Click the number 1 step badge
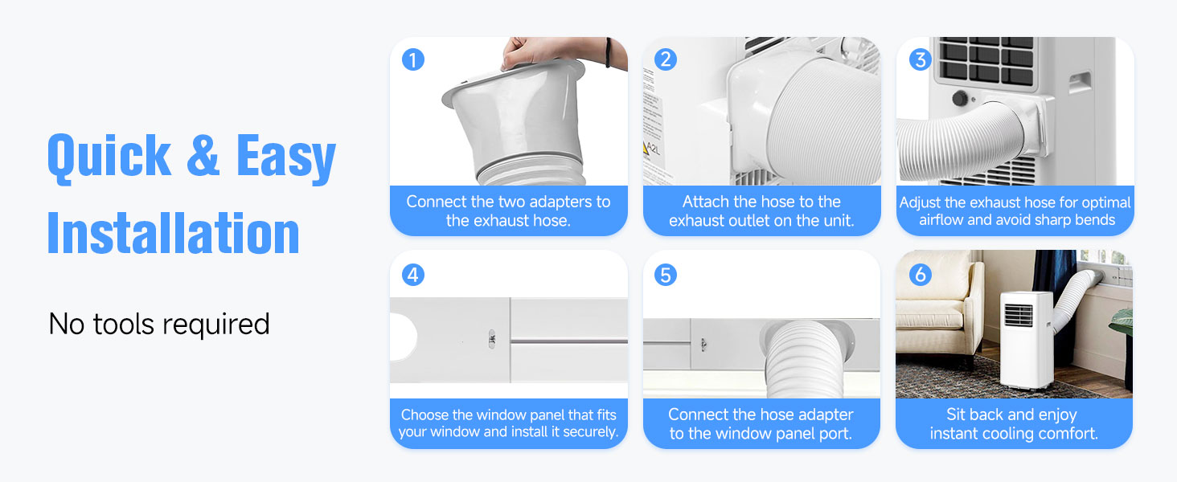click(x=413, y=60)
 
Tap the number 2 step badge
click(x=666, y=60)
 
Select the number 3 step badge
click(x=920, y=60)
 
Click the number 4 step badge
click(x=413, y=275)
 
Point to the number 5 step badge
click(x=666, y=275)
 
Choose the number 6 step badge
click(x=920, y=275)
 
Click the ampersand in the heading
click(x=203, y=155)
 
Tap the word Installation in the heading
click(x=174, y=234)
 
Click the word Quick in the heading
click(x=109, y=157)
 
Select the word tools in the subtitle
click(x=124, y=324)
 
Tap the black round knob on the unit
click(x=960, y=98)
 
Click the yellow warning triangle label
click(x=646, y=148)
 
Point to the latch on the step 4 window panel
click(x=492, y=340)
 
